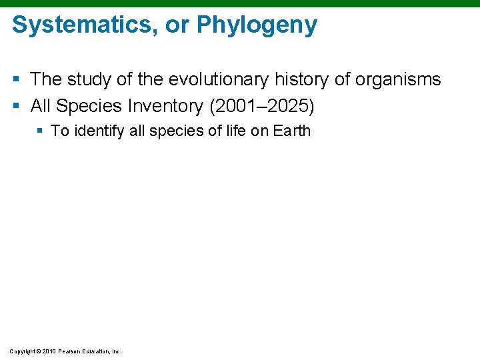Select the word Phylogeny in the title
257,26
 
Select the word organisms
398,80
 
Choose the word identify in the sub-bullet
100,131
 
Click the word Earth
291,131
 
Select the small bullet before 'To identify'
39,131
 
